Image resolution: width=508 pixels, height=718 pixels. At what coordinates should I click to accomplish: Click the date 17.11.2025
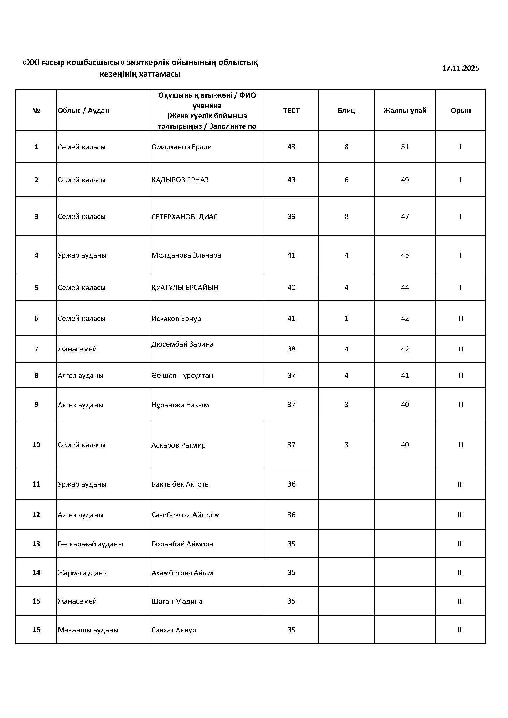point(460,68)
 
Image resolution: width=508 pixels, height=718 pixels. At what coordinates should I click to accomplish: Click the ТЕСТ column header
point(291,111)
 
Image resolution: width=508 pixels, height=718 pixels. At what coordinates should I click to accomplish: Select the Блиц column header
point(346,111)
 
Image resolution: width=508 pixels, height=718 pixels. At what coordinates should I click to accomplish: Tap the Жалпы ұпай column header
point(405,111)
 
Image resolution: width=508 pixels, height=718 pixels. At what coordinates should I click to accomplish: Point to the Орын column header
point(460,111)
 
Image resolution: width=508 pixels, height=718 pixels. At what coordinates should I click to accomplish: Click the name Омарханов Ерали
point(182,147)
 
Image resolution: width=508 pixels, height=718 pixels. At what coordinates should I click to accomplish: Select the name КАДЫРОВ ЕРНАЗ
point(180,180)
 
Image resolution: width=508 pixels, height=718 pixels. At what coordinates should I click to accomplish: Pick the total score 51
point(405,147)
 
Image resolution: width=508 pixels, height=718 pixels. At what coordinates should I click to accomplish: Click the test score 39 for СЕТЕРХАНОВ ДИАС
point(291,216)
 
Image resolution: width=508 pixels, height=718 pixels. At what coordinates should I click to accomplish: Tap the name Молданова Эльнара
point(186,255)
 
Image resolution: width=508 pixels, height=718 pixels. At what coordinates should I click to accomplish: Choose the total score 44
point(405,288)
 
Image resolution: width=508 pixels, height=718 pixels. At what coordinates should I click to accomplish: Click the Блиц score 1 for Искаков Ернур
point(346,318)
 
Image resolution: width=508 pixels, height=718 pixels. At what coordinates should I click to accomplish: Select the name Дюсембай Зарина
point(182,344)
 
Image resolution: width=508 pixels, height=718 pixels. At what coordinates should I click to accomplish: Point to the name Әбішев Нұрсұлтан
point(182,375)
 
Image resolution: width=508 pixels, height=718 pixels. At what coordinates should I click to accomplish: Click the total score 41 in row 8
point(405,375)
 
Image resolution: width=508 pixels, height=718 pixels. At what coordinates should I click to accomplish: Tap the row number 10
point(36,445)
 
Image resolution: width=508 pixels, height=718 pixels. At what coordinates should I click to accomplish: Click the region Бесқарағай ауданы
point(90,544)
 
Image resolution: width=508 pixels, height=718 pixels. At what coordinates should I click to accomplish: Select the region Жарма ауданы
point(83,573)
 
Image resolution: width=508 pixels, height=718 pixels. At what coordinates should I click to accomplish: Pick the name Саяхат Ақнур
point(174,630)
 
